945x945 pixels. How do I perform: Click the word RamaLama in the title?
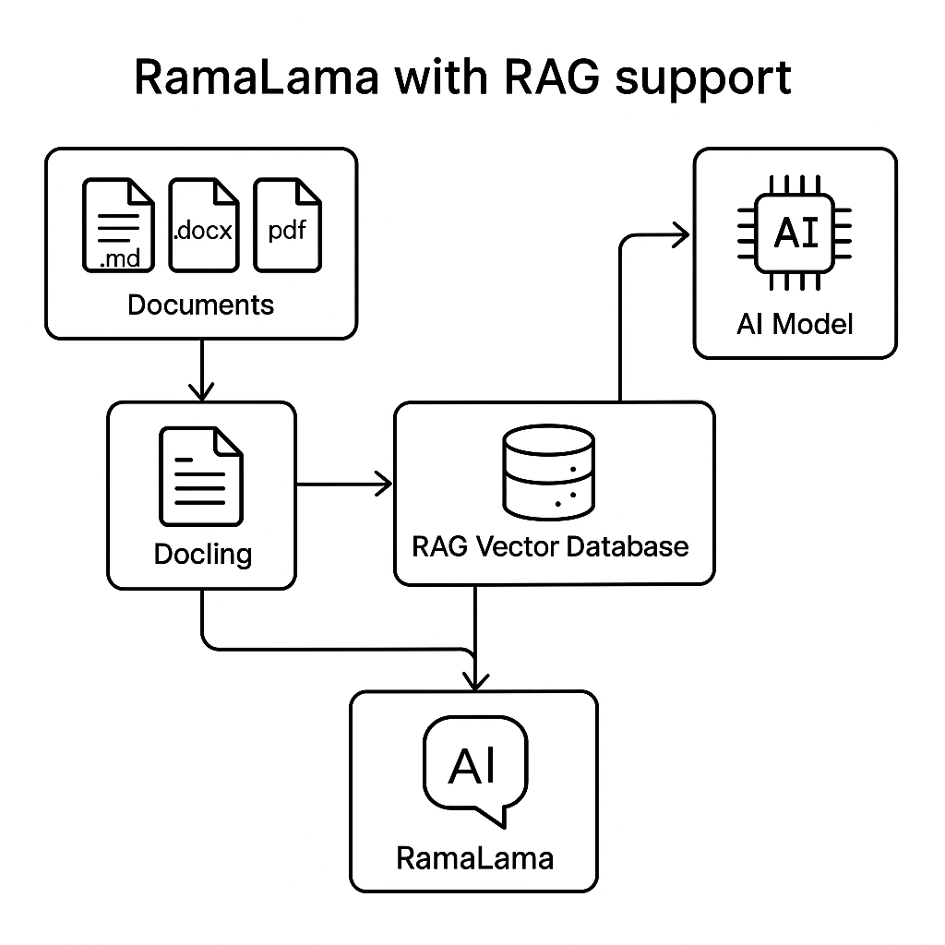(256, 77)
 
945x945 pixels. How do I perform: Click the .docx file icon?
(204, 225)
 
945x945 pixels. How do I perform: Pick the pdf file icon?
(287, 225)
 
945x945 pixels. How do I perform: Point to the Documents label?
(200, 305)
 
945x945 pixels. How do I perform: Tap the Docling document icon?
(201, 476)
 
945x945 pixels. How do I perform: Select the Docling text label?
(202, 554)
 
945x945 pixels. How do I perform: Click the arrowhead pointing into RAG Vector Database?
(382, 484)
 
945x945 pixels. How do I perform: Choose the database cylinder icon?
(549, 476)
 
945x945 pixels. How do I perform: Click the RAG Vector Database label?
(550, 546)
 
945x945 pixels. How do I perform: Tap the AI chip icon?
(795, 233)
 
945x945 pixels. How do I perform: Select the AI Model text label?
(795, 324)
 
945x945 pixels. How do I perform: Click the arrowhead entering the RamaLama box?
(475, 680)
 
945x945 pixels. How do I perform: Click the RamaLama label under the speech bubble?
(474, 858)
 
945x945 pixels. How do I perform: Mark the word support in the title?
(702, 78)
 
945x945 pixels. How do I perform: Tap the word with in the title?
(440, 77)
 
